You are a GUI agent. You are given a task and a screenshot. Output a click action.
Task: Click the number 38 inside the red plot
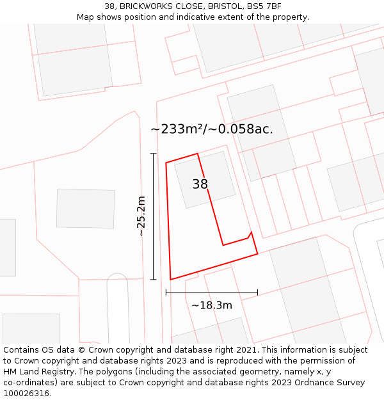pyautogui.click(x=200, y=184)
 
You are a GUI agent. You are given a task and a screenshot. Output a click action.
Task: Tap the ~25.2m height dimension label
pyautogui.click(x=141, y=216)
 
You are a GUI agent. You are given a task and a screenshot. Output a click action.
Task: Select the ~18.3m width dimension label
pyautogui.click(x=212, y=305)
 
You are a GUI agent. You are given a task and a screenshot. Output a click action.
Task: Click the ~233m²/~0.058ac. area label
pyautogui.click(x=212, y=129)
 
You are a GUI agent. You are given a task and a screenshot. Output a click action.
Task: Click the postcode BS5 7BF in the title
pyautogui.click(x=264, y=6)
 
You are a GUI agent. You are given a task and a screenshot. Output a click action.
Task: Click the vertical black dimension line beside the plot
pyautogui.click(x=153, y=218)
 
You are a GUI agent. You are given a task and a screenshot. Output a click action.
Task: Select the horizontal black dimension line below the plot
pyautogui.click(x=211, y=292)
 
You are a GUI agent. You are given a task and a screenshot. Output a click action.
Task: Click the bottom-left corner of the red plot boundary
pyautogui.click(x=171, y=279)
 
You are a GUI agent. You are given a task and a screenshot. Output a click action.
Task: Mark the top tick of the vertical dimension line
pyautogui.click(x=153, y=154)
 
